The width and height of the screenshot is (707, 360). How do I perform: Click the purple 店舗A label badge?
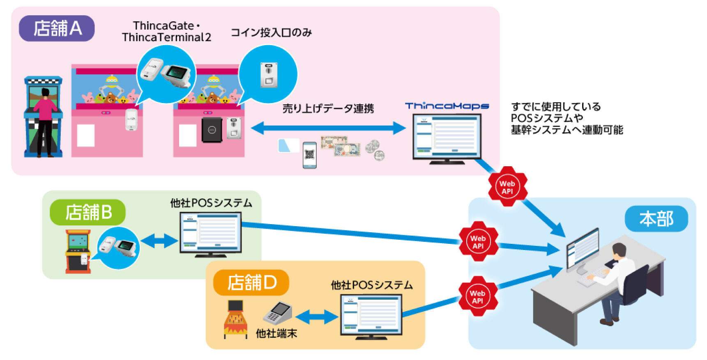pos(57,28)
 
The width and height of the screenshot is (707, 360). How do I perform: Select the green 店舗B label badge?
pos(88,212)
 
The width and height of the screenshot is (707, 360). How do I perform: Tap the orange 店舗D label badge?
pos(251,282)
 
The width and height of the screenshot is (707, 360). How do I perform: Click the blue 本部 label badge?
pos(656,219)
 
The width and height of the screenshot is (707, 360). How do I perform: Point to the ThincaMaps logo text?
pos(447,106)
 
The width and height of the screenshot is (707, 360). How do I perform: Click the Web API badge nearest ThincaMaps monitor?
pos(507,187)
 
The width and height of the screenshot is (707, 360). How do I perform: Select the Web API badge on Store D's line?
pos(477,296)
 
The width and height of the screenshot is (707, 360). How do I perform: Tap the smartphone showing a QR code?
pos(309,155)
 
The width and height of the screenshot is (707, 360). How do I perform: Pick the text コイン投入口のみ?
pos(271,32)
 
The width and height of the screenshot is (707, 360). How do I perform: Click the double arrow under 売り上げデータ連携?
pos(328,128)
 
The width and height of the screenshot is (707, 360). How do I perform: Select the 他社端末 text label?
pos(276,333)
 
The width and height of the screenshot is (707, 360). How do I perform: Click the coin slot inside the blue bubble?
pos(269,75)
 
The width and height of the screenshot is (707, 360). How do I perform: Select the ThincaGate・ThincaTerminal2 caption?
pos(166,31)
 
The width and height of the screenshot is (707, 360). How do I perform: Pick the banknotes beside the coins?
pos(341,146)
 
